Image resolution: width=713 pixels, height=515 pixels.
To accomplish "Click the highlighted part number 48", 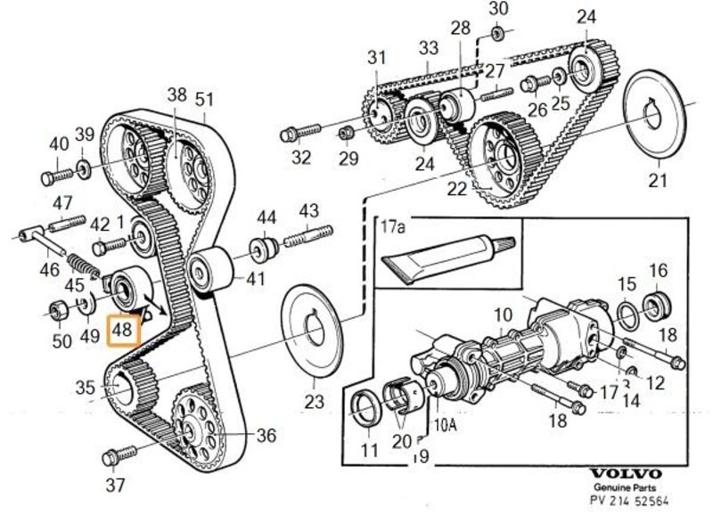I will (x=122, y=331).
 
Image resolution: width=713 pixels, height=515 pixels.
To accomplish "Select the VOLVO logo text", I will (x=627, y=474).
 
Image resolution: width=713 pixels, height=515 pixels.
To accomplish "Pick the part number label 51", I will (x=206, y=98).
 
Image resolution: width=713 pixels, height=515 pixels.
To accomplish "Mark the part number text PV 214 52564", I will (x=627, y=499).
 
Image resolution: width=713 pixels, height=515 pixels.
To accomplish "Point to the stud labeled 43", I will (x=308, y=238).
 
